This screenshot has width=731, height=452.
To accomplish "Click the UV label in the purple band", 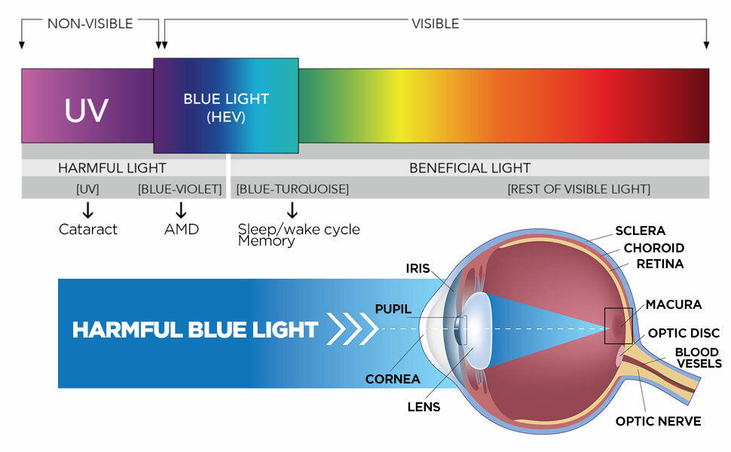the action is pos(87,109).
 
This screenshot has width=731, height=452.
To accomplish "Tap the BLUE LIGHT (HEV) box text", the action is pos(226,108).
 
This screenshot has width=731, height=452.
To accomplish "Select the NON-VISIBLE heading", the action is pos(90,23).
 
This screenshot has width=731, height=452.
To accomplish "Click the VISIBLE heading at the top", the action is pos(435,23).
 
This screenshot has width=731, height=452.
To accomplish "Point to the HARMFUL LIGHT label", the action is pos(112,168).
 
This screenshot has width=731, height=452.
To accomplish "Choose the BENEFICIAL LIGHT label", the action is pos(469,168).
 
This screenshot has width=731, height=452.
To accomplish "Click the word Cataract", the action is pos(88,229).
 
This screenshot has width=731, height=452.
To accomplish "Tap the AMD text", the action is pos(181,229).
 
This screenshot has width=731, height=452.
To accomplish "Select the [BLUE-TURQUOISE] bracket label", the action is pos(292,189).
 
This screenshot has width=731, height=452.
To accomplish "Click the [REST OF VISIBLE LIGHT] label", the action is pos(578,189).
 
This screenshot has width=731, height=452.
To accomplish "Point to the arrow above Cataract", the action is pos(88,209).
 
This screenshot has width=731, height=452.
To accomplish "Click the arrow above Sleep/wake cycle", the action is pos(292,209).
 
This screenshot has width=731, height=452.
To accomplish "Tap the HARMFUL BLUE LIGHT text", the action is pos(194,329).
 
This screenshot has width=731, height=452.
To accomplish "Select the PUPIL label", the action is pos(393,309).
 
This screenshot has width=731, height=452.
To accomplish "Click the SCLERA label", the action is pos(640,231).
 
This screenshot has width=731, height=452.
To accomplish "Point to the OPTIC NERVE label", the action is pos(658,421).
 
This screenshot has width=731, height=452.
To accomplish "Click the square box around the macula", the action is pos(619,326).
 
